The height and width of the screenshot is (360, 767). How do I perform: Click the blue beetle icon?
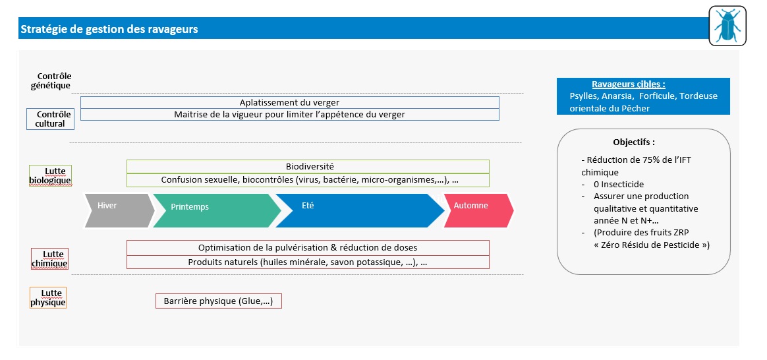point(727,26)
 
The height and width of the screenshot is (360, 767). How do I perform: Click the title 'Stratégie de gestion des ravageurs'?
point(109,30)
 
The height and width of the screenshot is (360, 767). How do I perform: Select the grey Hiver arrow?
point(119,210)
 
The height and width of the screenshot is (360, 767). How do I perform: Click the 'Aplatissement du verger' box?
point(289,103)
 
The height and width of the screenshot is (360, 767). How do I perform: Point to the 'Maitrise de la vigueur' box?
point(289,115)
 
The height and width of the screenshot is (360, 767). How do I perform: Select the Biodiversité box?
point(308,167)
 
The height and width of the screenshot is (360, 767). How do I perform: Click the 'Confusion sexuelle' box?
point(308,180)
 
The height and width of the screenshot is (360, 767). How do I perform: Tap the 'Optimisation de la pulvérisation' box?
point(308,248)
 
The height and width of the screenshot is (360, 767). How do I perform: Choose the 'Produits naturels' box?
point(308,262)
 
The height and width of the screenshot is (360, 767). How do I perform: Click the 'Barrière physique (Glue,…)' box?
point(219,301)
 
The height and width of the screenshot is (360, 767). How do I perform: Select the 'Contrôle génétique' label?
point(54,80)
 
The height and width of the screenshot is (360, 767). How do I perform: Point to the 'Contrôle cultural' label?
point(50,119)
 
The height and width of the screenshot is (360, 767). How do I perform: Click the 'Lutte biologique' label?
point(50,175)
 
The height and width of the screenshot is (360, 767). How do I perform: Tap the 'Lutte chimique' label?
point(50,259)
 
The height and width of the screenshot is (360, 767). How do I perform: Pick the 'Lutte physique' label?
point(48,298)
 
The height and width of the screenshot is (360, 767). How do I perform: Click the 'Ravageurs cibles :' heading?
point(628,84)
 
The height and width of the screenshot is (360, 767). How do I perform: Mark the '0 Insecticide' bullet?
point(619,185)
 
